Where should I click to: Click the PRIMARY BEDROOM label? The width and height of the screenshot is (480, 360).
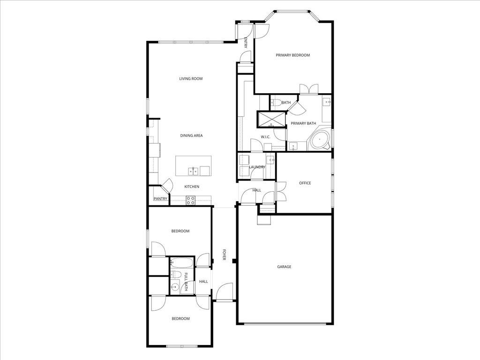pyautogui.click(x=292, y=55)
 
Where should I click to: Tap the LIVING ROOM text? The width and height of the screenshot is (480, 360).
pyautogui.click(x=191, y=79)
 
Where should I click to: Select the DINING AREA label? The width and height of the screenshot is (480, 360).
pyautogui.click(x=191, y=135)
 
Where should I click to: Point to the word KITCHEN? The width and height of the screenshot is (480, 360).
pyautogui.click(x=192, y=187)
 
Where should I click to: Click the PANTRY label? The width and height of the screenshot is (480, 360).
pyautogui.click(x=160, y=199)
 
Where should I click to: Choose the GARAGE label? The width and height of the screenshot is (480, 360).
pyautogui.click(x=284, y=267)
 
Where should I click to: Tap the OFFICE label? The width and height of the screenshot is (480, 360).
pyautogui.click(x=305, y=183)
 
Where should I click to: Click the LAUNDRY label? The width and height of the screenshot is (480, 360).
pyautogui.click(x=257, y=167)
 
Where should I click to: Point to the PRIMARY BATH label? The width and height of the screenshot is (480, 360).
pyautogui.click(x=303, y=123)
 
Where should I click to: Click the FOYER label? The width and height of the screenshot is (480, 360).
pyautogui.click(x=225, y=255)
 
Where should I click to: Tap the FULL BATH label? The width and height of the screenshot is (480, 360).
pyautogui.click(x=186, y=282)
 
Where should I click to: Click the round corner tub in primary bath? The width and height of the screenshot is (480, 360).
pyautogui.click(x=321, y=140)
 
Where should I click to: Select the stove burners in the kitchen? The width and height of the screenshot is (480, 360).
pyautogui.click(x=191, y=201)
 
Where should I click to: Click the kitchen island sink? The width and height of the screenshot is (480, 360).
pyautogui.click(x=193, y=171)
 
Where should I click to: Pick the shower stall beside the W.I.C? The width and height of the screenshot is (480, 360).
pyautogui.click(x=271, y=119)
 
